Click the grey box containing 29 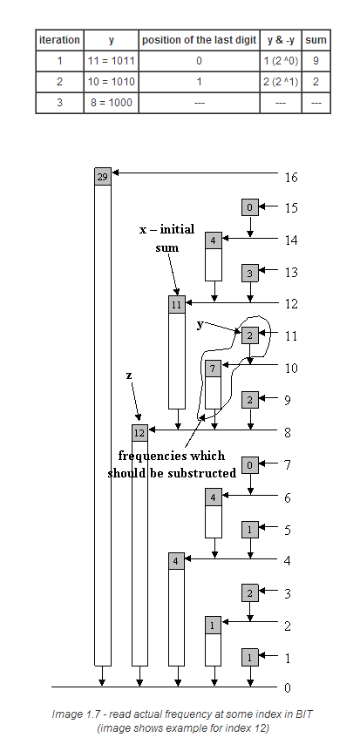pyautogui.click(x=103, y=177)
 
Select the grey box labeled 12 pyautogui.click(x=139, y=433)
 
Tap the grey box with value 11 pyautogui.click(x=176, y=305)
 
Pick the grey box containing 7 pyautogui.click(x=214, y=369)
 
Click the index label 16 pyautogui.click(x=291, y=178)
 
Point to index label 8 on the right pyautogui.click(x=288, y=433)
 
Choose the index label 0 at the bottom pyautogui.click(x=288, y=688)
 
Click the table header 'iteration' pyautogui.click(x=59, y=40)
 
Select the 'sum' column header pyautogui.click(x=316, y=40)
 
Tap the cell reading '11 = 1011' pyautogui.click(x=112, y=61)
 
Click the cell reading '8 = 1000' pyautogui.click(x=112, y=103)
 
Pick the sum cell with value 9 pyautogui.click(x=316, y=61)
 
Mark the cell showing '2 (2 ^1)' pyautogui.click(x=281, y=81)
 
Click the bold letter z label pyautogui.click(x=129, y=376)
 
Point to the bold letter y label pyautogui.click(x=200, y=325)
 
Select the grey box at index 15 pyautogui.click(x=250, y=207)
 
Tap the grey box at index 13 pyautogui.click(x=250, y=273)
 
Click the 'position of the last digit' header pyautogui.click(x=199, y=40)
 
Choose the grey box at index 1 pyautogui.click(x=250, y=657)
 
